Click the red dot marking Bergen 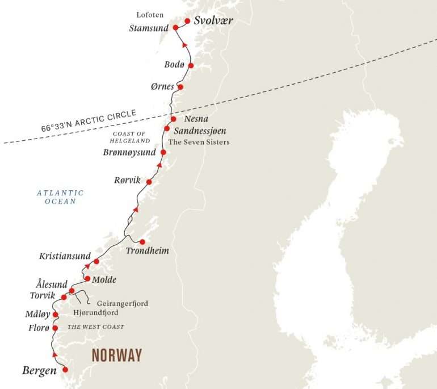pos(65,370)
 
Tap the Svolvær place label pos(213,21)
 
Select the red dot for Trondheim pos(142,242)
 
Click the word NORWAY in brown pos(117,356)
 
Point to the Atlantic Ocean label pos(60,197)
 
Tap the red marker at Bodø pos(191,66)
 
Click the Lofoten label pos(150,14)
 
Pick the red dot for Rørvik pos(149,182)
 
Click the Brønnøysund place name pos(130,153)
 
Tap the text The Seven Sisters pos(202,142)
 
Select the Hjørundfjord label pos(96,313)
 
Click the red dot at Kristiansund pos(96,262)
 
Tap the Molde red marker pos(87,279)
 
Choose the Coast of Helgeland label pos(131,137)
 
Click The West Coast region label pos(96,327)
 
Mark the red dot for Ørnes pos(180,87)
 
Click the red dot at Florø pos(55,328)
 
